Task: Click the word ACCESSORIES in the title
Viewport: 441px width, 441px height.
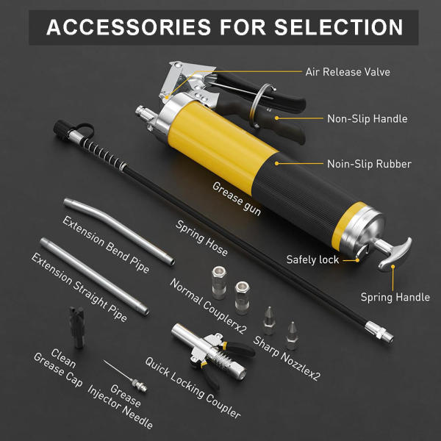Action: coord(129,27)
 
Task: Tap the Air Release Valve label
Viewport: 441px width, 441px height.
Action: coord(348,72)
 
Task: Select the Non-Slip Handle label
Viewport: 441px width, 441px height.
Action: coord(367,118)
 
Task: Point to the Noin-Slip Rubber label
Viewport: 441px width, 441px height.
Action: coord(369,164)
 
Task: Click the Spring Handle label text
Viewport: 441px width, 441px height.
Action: coord(395,297)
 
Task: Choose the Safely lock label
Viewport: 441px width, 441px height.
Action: coord(312,259)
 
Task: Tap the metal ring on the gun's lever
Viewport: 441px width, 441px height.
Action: coord(260,106)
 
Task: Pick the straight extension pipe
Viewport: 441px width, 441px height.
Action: coord(94,276)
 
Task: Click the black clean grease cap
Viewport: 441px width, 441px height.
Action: coord(76,327)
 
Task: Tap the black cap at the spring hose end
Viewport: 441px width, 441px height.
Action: coord(61,129)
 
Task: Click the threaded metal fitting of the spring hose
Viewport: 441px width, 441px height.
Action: coord(379,332)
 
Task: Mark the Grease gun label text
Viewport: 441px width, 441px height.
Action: coord(237,199)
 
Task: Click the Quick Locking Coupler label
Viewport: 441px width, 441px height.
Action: coord(193,388)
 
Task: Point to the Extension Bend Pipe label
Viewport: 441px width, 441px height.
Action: coord(106,245)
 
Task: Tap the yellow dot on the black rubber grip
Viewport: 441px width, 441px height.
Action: coord(277,163)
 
